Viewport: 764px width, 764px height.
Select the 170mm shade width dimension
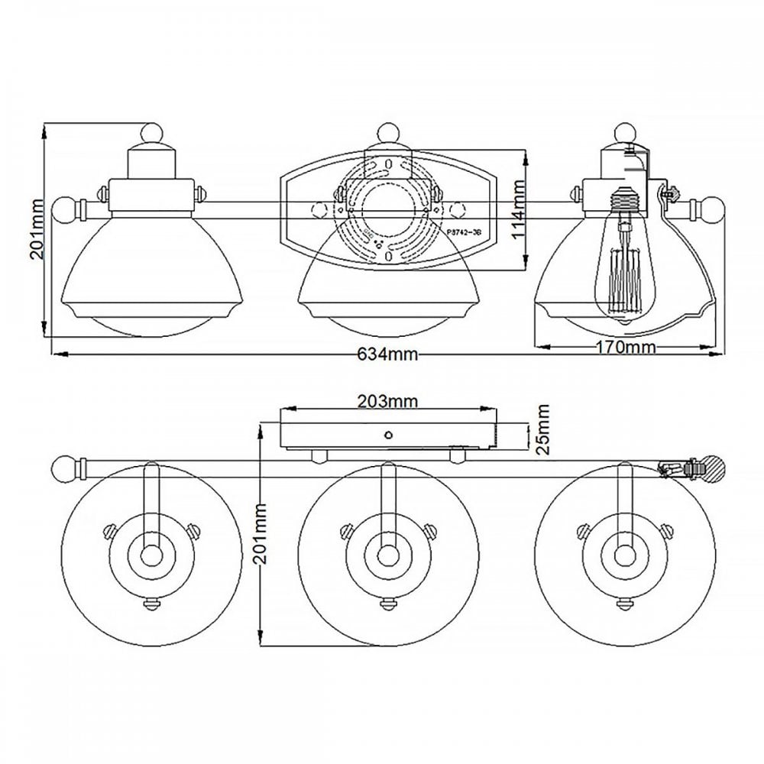(626, 348)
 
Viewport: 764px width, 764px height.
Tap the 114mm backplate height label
(519, 211)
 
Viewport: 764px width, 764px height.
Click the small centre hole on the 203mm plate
(388, 435)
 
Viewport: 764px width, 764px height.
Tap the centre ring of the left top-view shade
(151, 552)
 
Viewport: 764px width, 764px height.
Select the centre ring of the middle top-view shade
(388, 552)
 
